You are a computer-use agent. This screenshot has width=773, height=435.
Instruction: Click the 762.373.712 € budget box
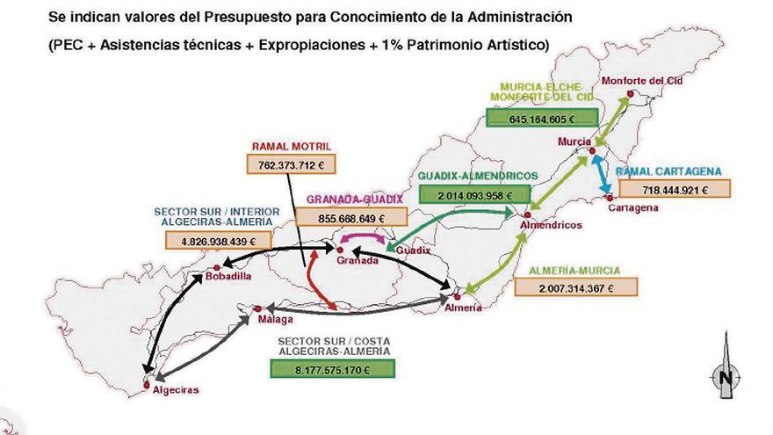click(x=292, y=163)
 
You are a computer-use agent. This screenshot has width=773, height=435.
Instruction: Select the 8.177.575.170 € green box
click(x=322, y=369)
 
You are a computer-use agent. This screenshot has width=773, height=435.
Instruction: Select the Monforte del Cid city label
click(x=647, y=80)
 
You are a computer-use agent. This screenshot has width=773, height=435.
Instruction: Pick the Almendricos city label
click(x=551, y=225)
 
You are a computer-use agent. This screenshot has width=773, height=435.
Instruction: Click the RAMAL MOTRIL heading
click(x=289, y=146)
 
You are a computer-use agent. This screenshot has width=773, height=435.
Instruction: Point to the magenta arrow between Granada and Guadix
click(x=363, y=238)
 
